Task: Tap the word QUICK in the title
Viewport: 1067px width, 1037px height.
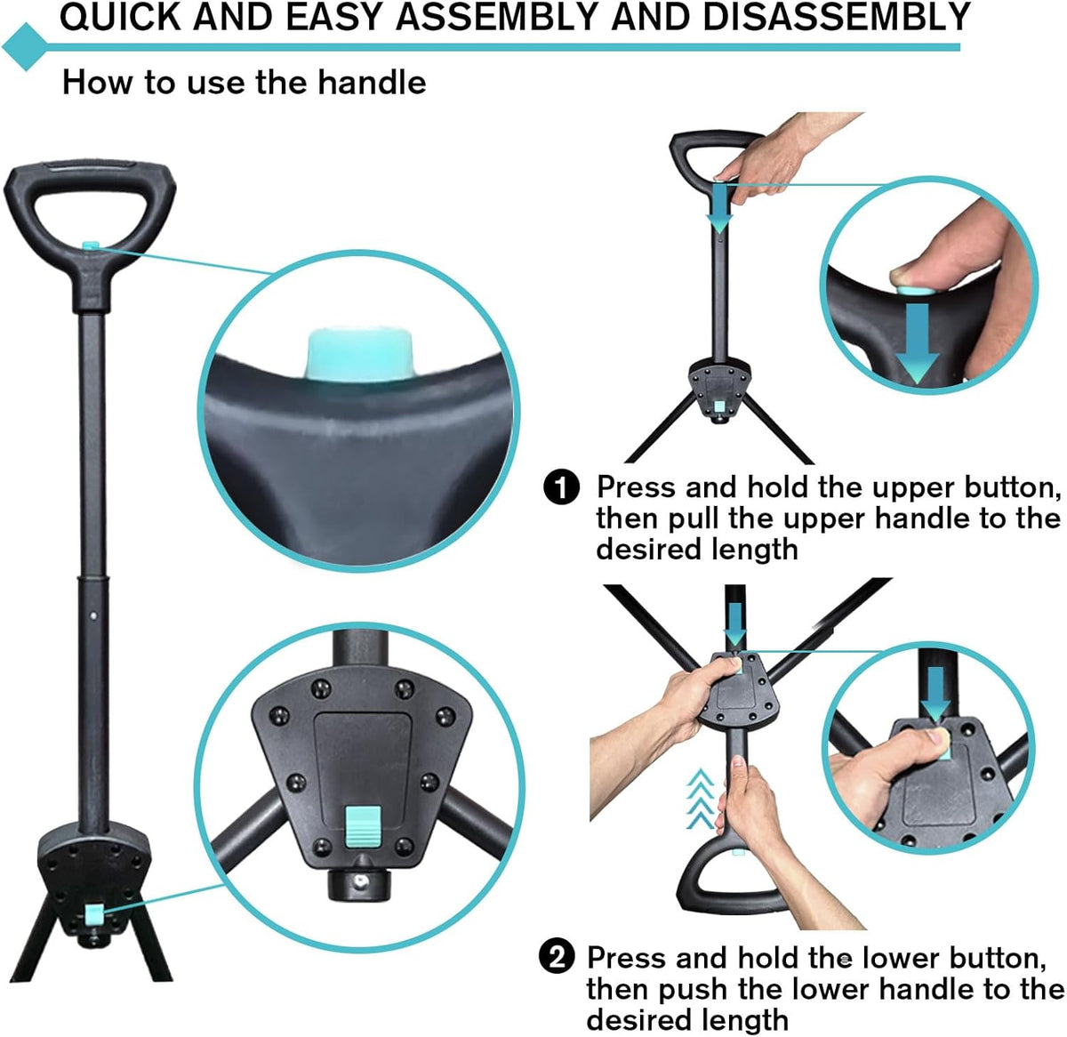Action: (121, 17)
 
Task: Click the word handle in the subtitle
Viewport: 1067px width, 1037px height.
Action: (372, 83)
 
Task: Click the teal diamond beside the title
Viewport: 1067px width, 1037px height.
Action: (24, 47)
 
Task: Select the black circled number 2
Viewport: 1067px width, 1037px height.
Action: (557, 958)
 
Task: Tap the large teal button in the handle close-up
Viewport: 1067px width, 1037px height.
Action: (360, 354)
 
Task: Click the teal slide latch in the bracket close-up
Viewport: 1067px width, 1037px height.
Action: (362, 824)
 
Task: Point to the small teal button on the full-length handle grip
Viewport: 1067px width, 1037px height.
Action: (90, 244)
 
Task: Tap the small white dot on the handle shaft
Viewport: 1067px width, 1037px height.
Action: (93, 615)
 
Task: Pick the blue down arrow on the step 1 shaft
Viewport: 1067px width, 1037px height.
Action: (719, 208)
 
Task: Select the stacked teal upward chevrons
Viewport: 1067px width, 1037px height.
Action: (701, 799)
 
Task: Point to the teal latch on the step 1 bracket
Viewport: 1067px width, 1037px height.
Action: (718, 406)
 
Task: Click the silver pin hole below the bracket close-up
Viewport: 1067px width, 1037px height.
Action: (359, 882)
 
